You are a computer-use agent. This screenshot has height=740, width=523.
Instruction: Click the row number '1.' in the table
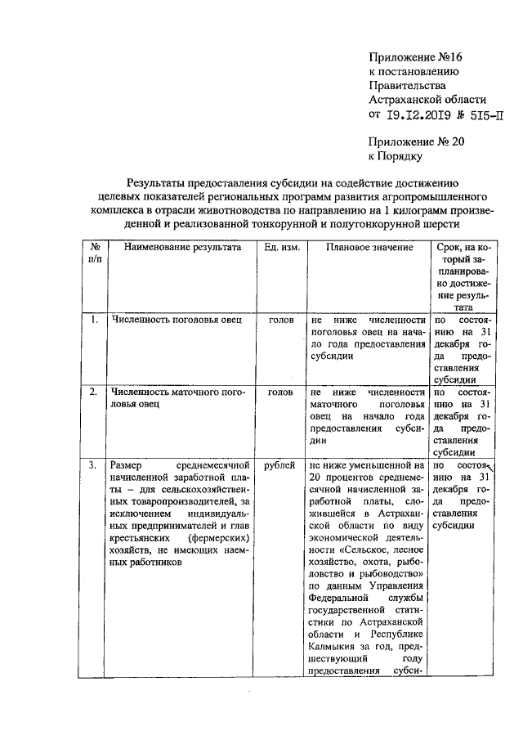click(x=95, y=320)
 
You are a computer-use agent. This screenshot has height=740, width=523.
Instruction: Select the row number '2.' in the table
click(x=95, y=392)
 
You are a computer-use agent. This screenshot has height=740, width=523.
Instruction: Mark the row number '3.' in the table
click(x=95, y=464)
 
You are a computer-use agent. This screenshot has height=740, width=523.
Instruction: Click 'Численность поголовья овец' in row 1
click(x=177, y=320)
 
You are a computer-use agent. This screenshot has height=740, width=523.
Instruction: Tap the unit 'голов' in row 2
click(x=281, y=392)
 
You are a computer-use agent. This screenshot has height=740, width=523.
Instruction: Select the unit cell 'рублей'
click(x=280, y=464)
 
